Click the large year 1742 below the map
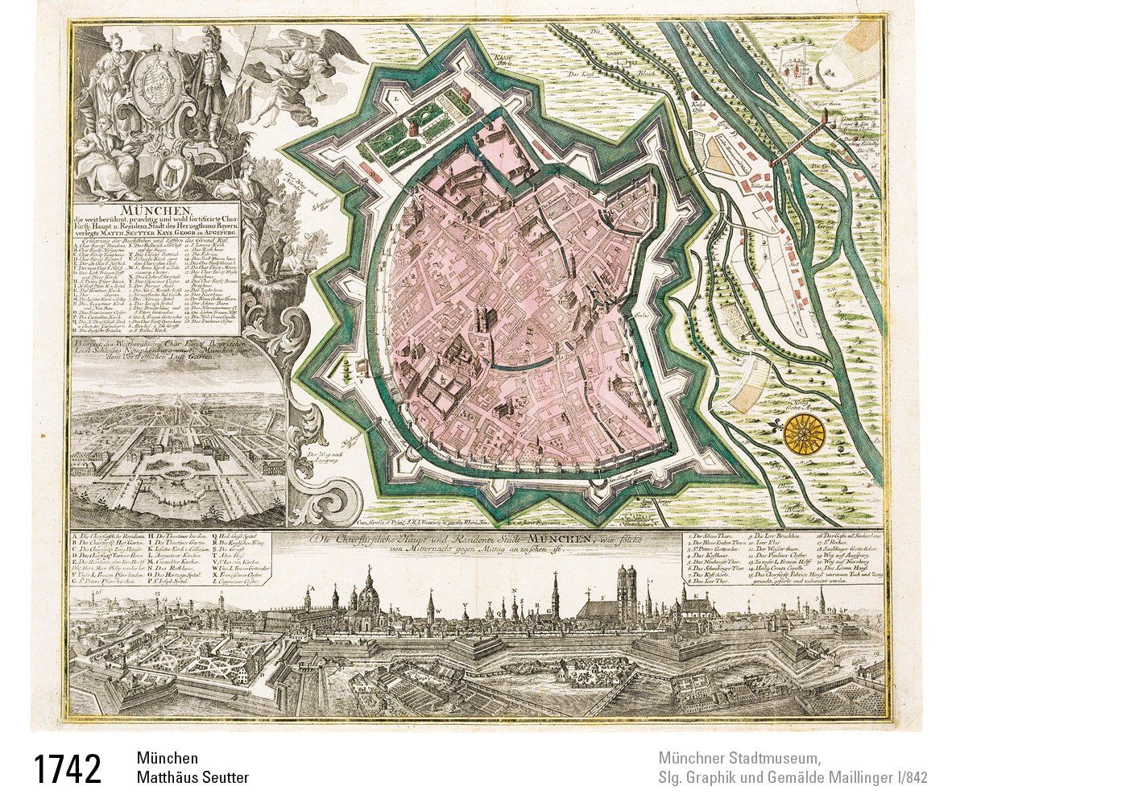point(68,769)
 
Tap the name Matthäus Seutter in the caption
point(192,777)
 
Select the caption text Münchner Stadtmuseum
point(739,759)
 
